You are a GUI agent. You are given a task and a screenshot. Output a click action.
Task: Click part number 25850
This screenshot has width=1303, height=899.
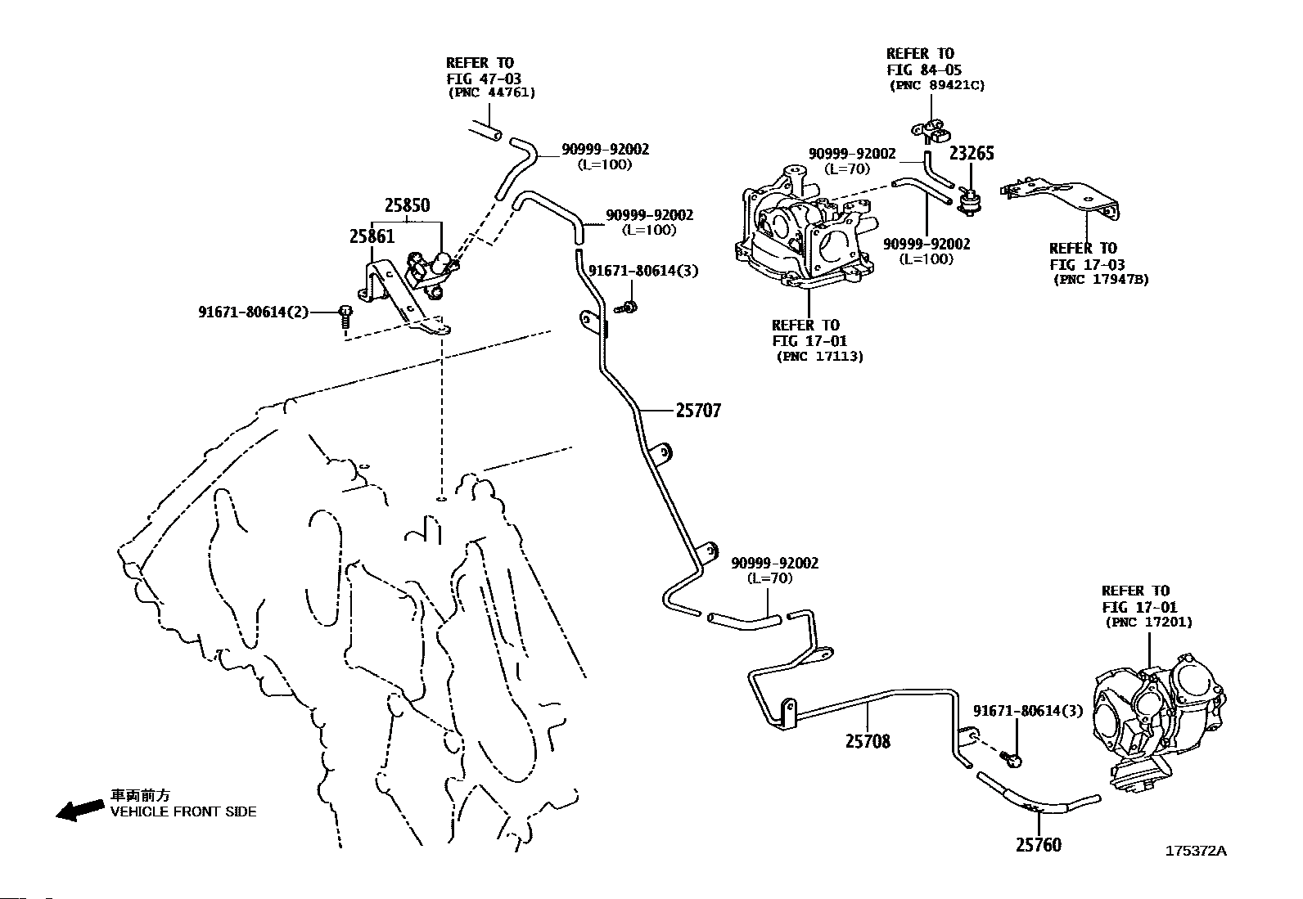(408, 205)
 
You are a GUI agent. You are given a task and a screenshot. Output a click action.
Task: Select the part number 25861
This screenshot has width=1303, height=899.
(372, 236)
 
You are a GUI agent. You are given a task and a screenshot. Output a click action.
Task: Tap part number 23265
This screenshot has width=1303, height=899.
(972, 153)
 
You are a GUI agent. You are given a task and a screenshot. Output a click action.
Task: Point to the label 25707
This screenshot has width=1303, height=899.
(698, 411)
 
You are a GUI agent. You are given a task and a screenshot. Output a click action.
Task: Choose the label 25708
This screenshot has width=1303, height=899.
(868, 741)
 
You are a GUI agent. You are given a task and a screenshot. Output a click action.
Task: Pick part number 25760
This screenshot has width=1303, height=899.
(1039, 844)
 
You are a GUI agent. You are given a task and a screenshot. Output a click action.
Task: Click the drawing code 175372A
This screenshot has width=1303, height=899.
(1196, 851)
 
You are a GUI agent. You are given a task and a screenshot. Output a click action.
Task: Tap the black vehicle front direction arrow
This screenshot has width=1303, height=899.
(80, 810)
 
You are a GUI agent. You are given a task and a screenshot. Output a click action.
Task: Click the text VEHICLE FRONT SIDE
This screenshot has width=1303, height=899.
(183, 811)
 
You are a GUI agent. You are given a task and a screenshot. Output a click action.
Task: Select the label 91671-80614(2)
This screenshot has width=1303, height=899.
(254, 312)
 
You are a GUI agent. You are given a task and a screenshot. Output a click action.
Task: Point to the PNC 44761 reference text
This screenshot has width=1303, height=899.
(492, 92)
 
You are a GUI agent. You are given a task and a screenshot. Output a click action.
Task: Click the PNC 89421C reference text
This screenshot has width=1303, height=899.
(937, 85)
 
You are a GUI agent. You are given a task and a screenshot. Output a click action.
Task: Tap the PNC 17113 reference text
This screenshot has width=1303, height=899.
(819, 357)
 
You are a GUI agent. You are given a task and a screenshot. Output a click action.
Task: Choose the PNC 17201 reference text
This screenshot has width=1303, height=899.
(1149, 623)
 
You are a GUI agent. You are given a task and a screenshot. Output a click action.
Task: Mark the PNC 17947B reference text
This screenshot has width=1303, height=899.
(1101, 280)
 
